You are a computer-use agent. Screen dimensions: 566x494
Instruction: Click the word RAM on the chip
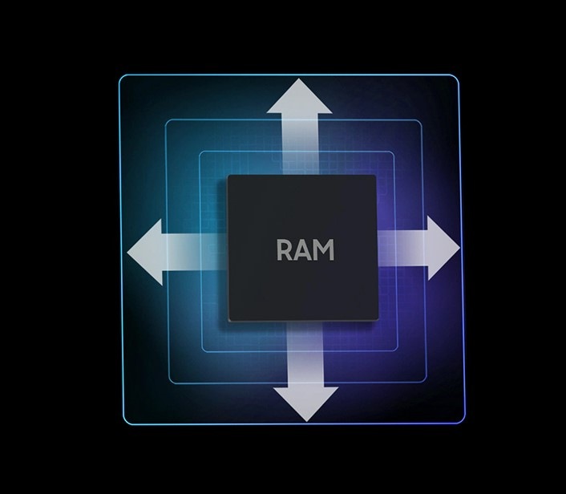[305, 249]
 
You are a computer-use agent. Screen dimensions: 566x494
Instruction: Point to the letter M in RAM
[324, 249]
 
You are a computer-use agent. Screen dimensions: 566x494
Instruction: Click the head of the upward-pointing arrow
[299, 97]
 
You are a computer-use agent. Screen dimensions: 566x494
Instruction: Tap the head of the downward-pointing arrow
[306, 403]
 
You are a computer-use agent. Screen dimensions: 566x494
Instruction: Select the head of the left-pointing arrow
[145, 252]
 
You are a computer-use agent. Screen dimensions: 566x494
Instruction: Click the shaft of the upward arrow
[300, 144]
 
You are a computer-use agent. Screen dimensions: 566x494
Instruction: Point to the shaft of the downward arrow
[305, 354]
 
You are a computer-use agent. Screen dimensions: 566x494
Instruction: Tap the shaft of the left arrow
[195, 252]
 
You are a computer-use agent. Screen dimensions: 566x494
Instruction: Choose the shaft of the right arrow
[402, 248]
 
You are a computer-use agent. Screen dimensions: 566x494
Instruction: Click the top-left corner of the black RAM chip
[228, 176]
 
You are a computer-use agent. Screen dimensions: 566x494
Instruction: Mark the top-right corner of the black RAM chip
[376, 176]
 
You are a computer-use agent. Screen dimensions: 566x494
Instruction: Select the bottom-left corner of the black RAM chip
[229, 320]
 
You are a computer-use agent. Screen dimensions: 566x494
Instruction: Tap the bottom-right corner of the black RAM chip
[378, 320]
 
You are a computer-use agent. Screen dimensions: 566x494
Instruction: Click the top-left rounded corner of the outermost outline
[121, 76]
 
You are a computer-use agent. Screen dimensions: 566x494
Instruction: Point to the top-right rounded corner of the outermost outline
[457, 76]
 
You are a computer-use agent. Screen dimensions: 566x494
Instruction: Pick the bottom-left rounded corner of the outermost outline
[125, 423]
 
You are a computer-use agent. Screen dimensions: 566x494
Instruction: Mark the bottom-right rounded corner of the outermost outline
[463, 421]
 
